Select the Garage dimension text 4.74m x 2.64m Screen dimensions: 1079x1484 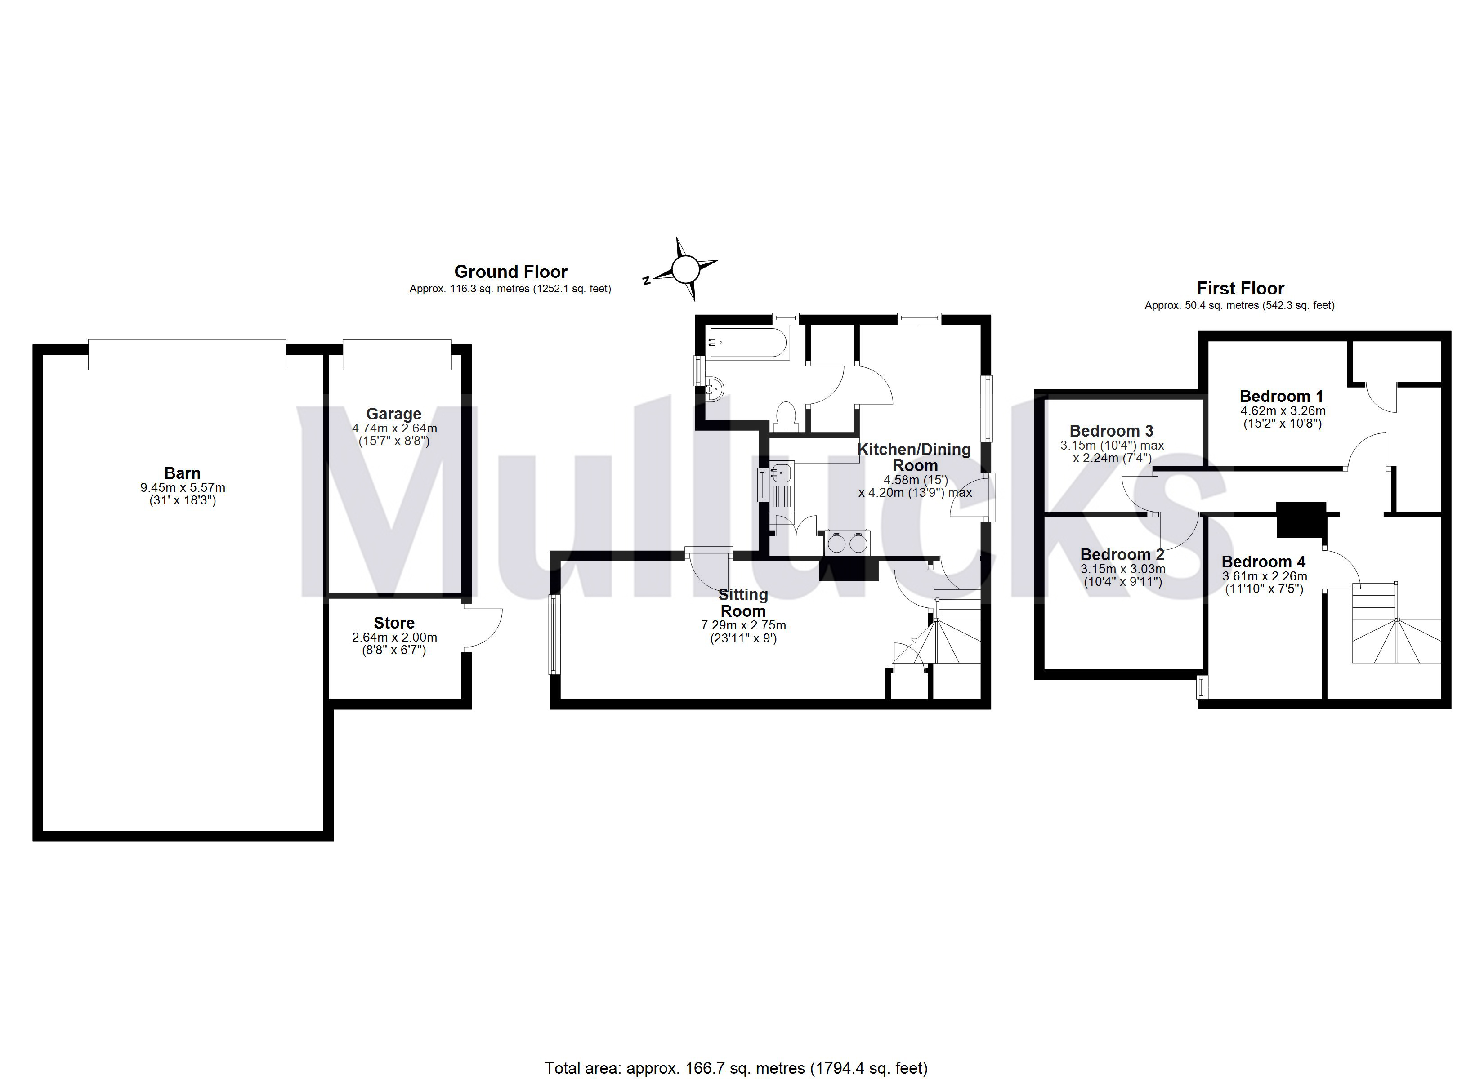pos(394,428)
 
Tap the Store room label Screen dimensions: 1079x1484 pos(394,623)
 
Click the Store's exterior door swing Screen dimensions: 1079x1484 pos(484,628)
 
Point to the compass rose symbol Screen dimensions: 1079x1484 pos(685,269)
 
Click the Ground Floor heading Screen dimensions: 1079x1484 pos(510,272)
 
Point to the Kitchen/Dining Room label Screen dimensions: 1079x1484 pos(914,457)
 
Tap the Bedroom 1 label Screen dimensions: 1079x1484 pos(1281,396)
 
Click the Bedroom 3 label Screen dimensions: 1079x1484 pos(1111,431)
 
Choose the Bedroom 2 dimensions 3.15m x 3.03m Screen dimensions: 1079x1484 pos(1123,569)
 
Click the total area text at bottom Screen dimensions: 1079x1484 pos(736,1068)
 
